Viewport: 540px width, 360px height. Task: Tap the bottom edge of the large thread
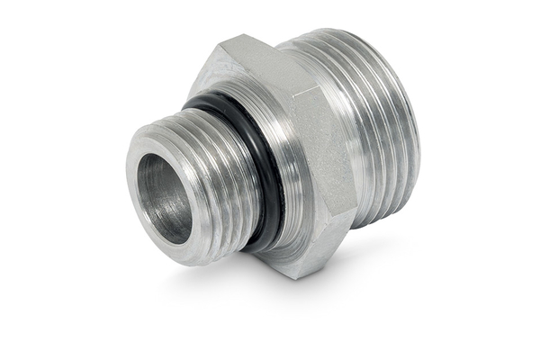pos(378,220)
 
